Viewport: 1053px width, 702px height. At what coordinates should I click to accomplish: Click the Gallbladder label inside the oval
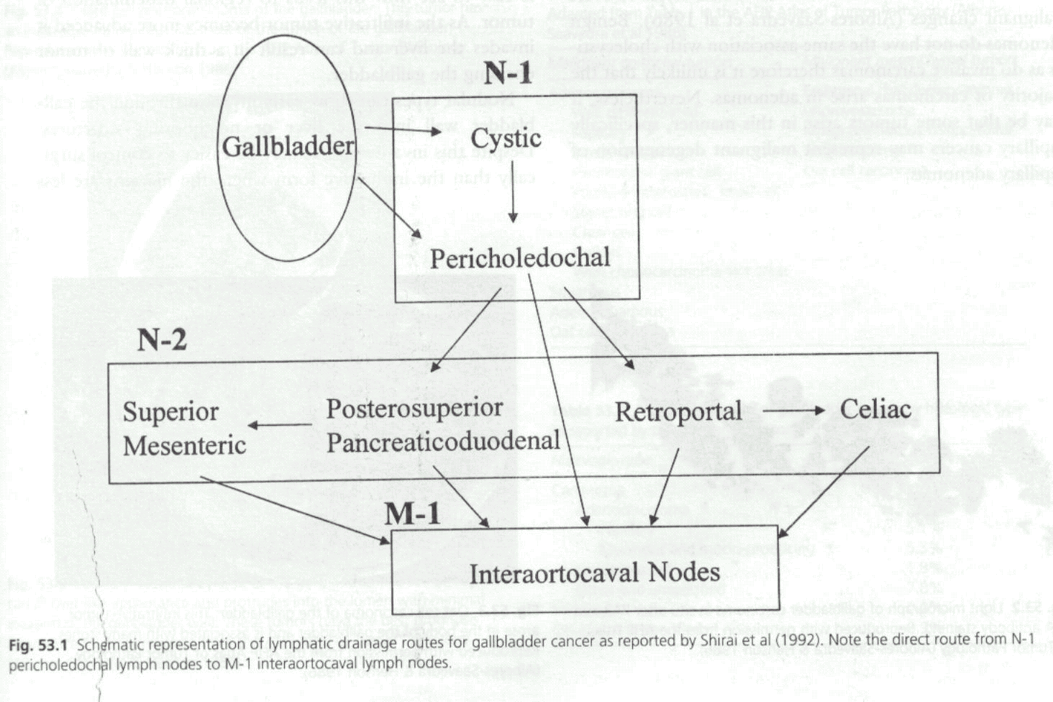[x=288, y=145]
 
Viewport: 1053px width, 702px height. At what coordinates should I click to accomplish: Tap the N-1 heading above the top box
[x=508, y=73]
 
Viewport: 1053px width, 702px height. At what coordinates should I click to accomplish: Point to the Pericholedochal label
[x=519, y=258]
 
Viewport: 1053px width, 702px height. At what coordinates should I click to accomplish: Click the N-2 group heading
[x=162, y=337]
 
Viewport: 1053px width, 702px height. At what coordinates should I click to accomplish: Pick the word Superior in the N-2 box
[x=170, y=412]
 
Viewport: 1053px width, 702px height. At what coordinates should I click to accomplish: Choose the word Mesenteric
[x=184, y=445]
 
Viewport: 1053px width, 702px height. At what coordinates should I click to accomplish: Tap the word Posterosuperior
[x=414, y=408]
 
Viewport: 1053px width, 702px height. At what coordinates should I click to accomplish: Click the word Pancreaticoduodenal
[x=442, y=441]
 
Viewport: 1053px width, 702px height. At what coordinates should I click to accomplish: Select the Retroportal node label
[x=678, y=412]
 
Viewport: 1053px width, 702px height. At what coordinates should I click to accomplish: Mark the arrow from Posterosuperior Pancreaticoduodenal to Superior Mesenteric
[x=280, y=425]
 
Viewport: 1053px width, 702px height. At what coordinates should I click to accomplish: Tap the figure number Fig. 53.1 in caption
[x=39, y=644]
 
